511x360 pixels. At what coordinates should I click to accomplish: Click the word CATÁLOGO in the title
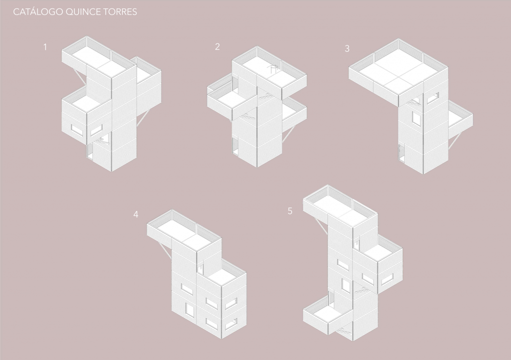point(38,12)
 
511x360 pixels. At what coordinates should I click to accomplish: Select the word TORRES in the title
point(120,12)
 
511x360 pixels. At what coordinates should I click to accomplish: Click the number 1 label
point(45,47)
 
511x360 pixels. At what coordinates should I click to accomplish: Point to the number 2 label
point(218,47)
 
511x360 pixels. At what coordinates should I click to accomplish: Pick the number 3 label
point(347,49)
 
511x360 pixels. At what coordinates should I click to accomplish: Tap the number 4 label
point(136,214)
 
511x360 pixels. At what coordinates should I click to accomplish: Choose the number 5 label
point(290,211)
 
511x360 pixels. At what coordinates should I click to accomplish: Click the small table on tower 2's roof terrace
point(273,69)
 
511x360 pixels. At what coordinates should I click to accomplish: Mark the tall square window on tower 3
point(416,118)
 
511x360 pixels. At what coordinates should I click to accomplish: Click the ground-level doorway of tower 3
point(402,153)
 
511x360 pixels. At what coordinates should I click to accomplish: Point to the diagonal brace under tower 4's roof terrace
point(165,250)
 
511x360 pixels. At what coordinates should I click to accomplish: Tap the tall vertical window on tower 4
point(189,310)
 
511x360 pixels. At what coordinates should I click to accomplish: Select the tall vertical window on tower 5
point(346,285)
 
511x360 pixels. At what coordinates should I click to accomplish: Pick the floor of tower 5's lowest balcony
point(328,313)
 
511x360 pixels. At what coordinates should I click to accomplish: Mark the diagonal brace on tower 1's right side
point(144,117)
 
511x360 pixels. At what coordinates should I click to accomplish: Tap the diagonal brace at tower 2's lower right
point(289,134)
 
